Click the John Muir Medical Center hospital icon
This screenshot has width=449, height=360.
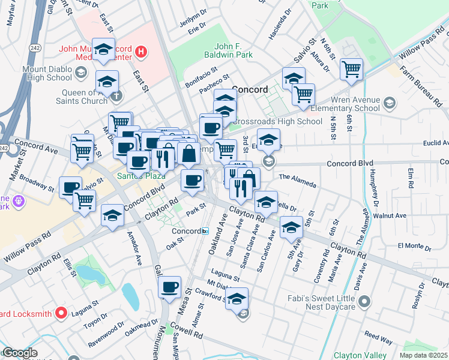(140, 51)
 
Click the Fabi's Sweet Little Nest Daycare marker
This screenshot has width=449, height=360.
(363, 299)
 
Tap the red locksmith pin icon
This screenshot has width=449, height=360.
(61, 313)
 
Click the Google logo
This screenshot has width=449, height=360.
(20, 353)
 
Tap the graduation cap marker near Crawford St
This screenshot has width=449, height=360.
(237, 298)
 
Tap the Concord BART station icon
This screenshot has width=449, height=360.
(205, 231)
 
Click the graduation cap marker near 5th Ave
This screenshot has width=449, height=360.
(291, 228)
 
